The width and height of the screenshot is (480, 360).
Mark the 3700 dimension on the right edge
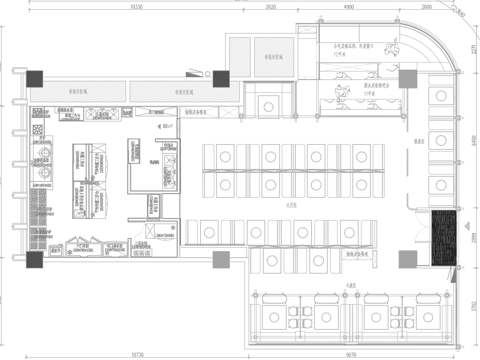472,308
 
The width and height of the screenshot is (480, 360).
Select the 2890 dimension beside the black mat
472,243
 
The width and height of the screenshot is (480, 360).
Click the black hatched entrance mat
442,241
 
